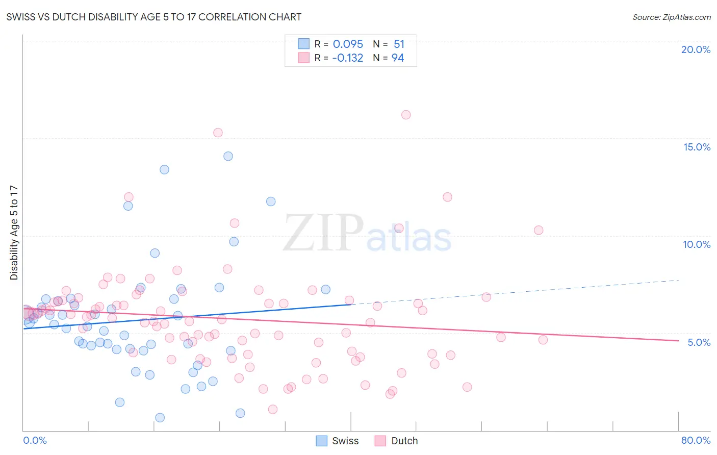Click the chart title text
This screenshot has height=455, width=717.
(153, 17)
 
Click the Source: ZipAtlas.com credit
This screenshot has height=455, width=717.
(671, 17)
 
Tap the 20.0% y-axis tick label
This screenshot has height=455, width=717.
(696, 49)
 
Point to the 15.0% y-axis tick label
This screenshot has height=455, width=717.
(697, 147)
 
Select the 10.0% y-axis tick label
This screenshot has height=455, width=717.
(697, 244)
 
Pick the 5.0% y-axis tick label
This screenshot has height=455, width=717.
(699, 342)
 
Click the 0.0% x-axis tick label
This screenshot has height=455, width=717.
(35, 440)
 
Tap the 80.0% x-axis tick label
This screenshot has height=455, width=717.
(696, 440)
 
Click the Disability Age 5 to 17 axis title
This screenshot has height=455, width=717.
(14, 233)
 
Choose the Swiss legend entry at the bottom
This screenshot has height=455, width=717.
(337, 441)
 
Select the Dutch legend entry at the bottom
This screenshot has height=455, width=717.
(396, 441)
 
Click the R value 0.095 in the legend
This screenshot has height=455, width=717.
(348, 44)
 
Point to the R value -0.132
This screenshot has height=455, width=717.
(347, 58)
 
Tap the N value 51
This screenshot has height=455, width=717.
(399, 44)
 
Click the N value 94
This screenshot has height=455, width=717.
(398, 58)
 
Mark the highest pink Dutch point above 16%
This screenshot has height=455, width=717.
(406, 115)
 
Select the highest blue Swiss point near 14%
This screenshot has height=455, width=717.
(228, 156)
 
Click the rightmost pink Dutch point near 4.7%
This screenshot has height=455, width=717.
(543, 340)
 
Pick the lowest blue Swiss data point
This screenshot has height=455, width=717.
(160, 418)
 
